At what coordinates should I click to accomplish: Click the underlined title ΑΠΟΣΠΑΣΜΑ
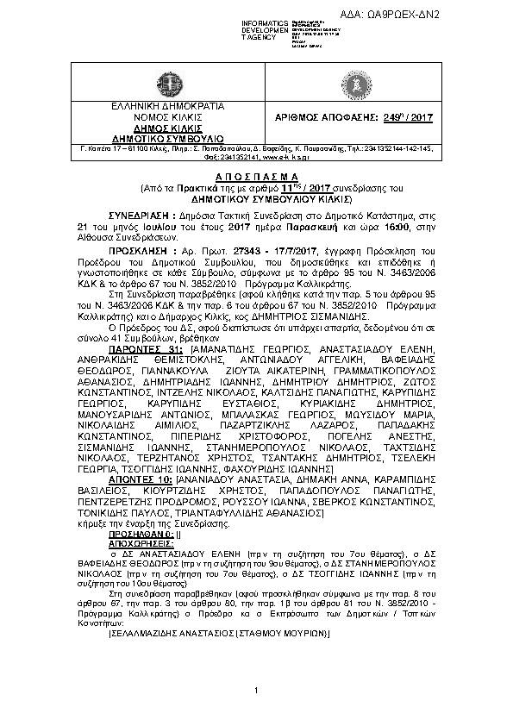coord(256,175)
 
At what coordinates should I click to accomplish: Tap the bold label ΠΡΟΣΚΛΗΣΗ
coord(137,248)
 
